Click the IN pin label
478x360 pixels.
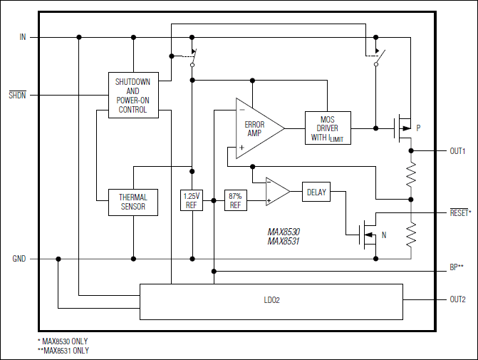23,36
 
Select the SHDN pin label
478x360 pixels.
17,95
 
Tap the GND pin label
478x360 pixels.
19,259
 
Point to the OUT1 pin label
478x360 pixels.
457,151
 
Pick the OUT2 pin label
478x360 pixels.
457,299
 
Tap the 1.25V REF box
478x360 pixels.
192,200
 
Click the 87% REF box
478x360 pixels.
236,200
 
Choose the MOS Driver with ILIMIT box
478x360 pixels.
327,128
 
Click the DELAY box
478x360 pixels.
316,192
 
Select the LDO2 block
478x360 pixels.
271,301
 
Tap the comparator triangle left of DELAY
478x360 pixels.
276,191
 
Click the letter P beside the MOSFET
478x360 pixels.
418,128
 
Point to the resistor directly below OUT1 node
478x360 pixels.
410,174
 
